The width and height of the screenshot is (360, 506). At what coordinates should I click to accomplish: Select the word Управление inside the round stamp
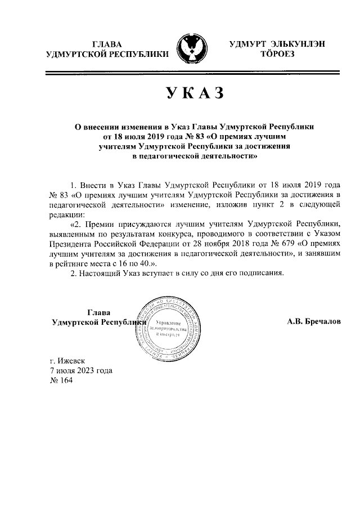[x=164, y=321]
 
